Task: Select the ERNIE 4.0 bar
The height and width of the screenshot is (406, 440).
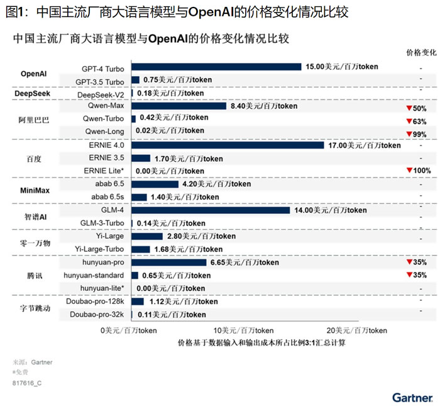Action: pyautogui.click(x=229, y=145)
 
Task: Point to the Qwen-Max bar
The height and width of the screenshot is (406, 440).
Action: pyautogui.click(x=179, y=106)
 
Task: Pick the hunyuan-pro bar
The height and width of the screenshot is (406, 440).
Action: pyautogui.click(x=168, y=262)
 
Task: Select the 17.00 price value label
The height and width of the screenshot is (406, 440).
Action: pyautogui.click(x=365, y=145)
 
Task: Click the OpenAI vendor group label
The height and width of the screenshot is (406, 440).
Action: pyautogui.click(x=34, y=74)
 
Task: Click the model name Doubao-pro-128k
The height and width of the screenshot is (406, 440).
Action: pyautogui.click(x=97, y=302)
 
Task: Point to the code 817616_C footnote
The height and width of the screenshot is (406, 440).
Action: pyautogui.click(x=30, y=382)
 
